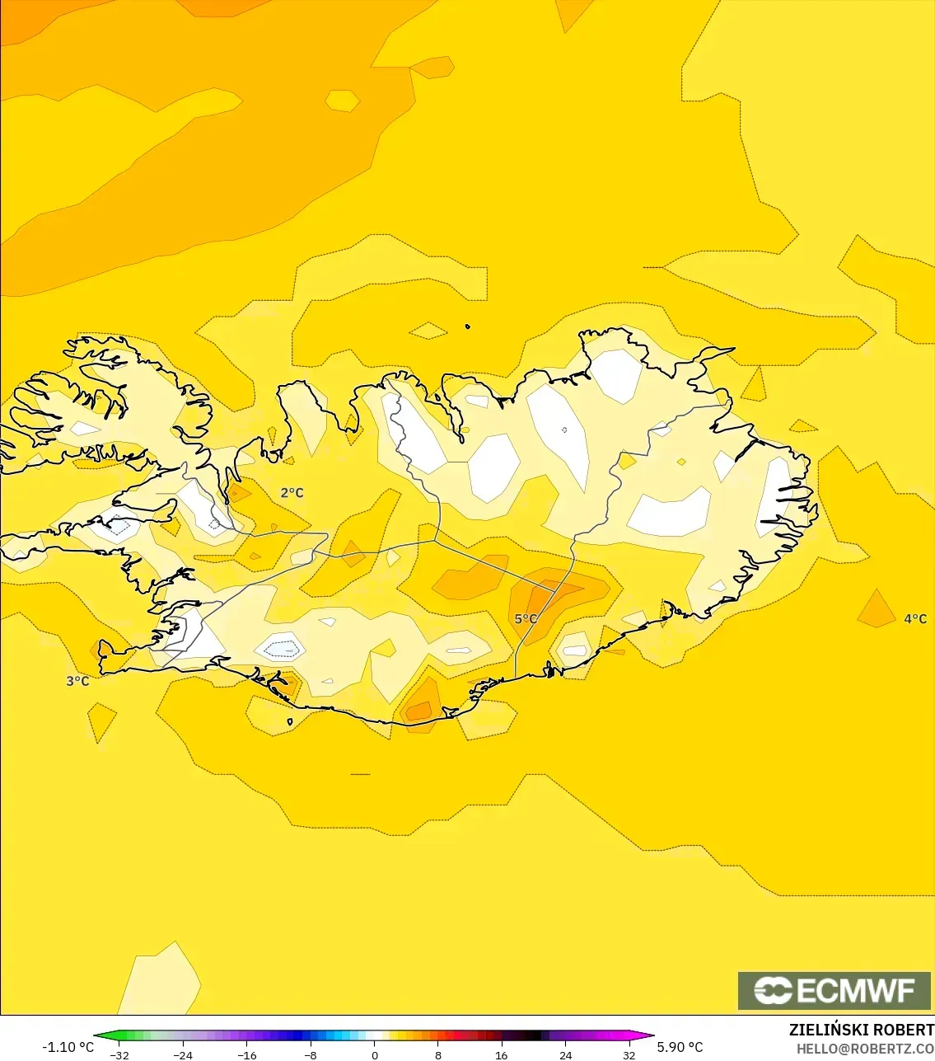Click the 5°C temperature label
[526, 619]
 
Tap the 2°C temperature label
[292, 493]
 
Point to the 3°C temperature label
[77, 681]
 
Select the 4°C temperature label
[915, 619]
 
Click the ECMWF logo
[834, 990]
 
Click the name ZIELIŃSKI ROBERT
[861, 1030]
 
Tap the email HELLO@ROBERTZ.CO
[865, 1049]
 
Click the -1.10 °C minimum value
[68, 1047]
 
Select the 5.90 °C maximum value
[680, 1047]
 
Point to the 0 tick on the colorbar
[374, 1055]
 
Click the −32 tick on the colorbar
[119, 1055]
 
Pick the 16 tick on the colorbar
[501, 1055]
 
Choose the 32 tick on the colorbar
[629, 1055]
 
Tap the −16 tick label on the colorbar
[246, 1055]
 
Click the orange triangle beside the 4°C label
[876, 611]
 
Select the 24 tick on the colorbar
[565, 1055]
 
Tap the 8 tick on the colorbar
[437, 1055]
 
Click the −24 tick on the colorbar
[183, 1055]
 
